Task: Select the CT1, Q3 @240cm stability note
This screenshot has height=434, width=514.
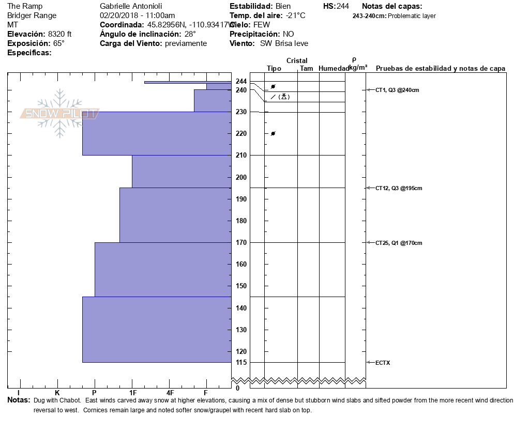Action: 397,90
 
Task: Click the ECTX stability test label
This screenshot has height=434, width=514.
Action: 383,363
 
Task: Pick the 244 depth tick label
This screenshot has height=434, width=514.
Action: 241,81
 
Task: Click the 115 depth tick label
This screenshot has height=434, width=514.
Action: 241,362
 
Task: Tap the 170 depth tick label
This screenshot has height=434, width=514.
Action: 241,242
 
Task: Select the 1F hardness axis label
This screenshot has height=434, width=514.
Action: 132,393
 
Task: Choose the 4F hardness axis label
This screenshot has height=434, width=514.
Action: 170,393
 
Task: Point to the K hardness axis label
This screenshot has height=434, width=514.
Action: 57,393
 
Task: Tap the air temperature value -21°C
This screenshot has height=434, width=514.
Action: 296,16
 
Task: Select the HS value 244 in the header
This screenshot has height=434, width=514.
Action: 343,6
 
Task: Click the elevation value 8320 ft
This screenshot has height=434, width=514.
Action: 59,34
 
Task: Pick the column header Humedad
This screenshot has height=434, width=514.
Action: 334,68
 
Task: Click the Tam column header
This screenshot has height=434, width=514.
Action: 306,68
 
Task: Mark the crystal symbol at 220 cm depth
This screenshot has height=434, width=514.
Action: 273,134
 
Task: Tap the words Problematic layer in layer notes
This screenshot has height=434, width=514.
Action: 412,16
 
